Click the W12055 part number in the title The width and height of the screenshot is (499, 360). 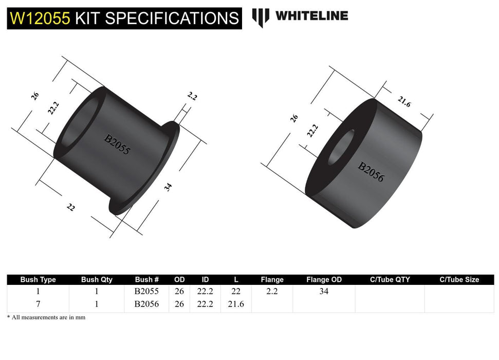[40, 19]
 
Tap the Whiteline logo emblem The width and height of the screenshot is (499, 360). [261, 17]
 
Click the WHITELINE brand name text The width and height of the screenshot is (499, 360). [311, 16]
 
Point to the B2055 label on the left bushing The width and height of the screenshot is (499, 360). [118, 145]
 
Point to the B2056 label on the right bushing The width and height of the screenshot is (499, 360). [371, 172]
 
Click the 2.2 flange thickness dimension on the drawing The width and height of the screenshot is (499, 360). [192, 96]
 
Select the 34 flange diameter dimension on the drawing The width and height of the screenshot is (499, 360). [168, 187]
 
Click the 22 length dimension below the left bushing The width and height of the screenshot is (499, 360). [70, 207]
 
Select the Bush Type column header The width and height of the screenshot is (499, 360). [38, 280]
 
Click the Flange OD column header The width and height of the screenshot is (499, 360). [324, 280]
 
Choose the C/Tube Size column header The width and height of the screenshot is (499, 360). [459, 280]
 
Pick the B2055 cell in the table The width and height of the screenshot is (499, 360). [146, 292]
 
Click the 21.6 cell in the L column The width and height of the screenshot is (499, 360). [235, 304]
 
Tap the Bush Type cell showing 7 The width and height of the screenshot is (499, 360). [38, 304]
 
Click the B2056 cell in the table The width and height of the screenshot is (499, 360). [146, 304]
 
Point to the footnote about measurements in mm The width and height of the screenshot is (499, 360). [46, 317]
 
